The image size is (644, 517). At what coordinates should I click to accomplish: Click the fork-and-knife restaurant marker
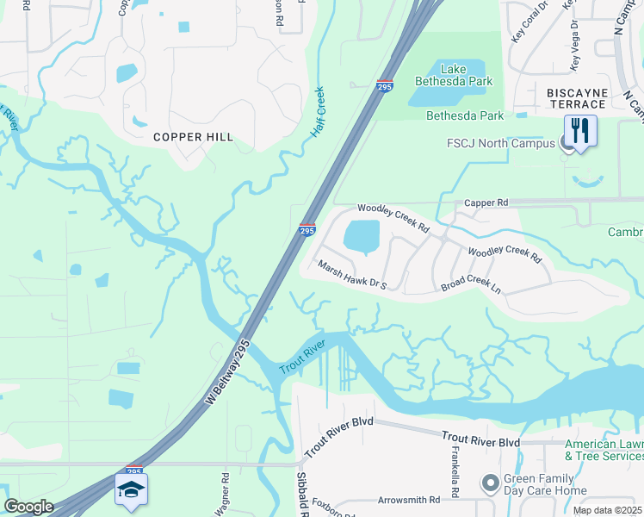click(x=579, y=132)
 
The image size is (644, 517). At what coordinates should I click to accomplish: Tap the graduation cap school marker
click(x=130, y=490)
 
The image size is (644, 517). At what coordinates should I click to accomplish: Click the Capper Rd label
click(x=486, y=202)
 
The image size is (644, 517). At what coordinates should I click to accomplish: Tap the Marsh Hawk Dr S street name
click(x=352, y=275)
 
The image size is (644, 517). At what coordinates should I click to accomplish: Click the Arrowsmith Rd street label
click(x=409, y=500)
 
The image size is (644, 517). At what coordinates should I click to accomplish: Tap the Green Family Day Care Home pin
click(x=491, y=483)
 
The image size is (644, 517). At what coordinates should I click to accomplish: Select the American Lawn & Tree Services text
click(x=604, y=450)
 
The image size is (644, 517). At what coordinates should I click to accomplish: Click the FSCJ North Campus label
click(x=500, y=143)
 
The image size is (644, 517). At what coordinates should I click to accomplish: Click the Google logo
click(x=28, y=506)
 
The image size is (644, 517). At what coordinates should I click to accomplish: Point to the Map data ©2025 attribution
click(x=607, y=510)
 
